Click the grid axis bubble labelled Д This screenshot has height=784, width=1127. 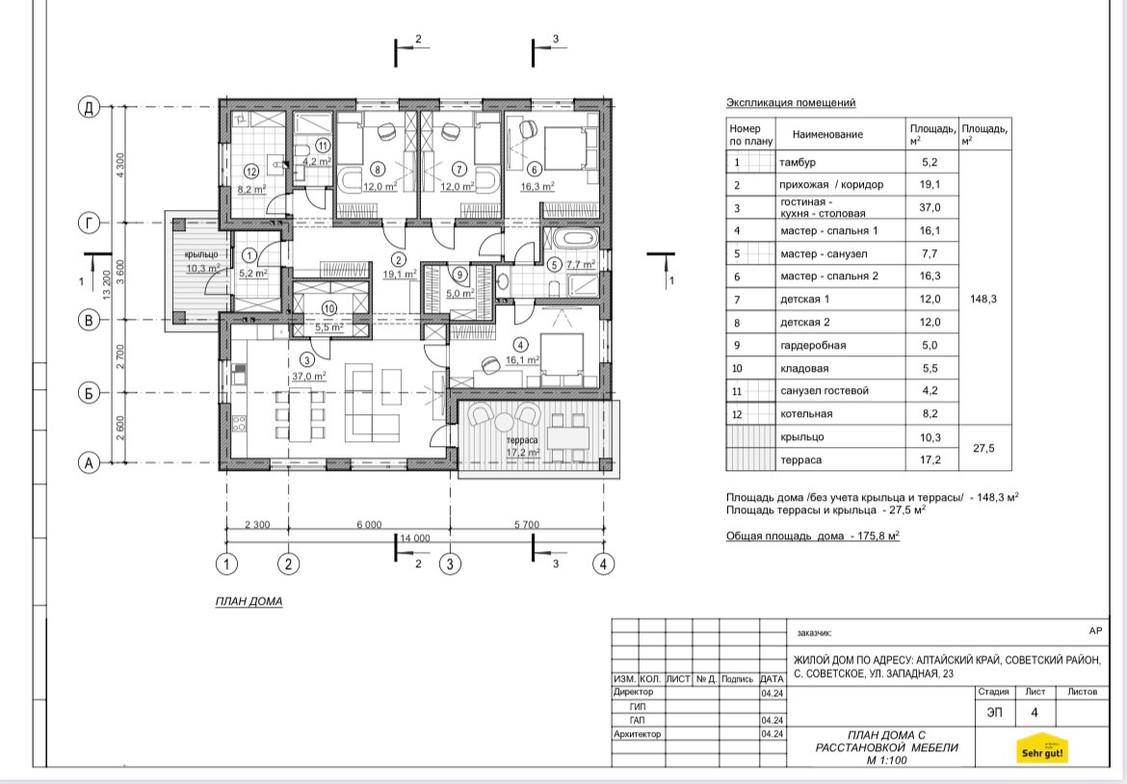(89, 108)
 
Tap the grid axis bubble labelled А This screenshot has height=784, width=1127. (89, 462)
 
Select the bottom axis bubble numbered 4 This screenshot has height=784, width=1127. (604, 564)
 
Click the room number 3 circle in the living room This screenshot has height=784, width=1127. (307, 360)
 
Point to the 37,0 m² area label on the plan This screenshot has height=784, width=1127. (309, 376)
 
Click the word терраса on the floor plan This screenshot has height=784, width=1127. (522, 440)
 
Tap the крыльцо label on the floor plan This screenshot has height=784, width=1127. (201, 254)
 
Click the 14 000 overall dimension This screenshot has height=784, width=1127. (415, 537)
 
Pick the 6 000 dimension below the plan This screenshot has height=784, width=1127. (369, 525)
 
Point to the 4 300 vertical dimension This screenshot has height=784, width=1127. (120, 166)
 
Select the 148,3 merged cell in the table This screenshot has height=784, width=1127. (983, 299)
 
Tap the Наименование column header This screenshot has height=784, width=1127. (827, 135)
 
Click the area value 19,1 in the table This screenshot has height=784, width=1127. (930, 185)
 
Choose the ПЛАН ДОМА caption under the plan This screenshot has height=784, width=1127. (249, 601)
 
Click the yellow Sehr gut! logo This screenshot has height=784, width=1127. (1042, 748)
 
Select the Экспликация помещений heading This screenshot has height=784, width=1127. (791, 103)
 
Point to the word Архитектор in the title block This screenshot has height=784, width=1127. (637, 735)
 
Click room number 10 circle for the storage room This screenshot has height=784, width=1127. (329, 308)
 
